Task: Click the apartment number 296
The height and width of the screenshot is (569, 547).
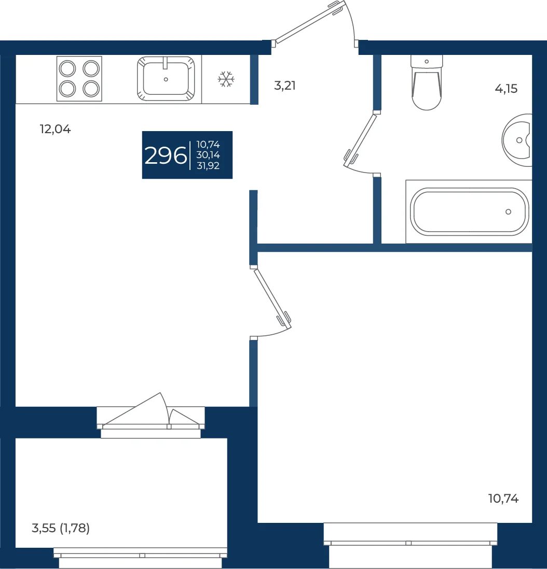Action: tap(166, 155)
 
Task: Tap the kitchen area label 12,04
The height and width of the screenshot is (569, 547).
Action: tap(55, 129)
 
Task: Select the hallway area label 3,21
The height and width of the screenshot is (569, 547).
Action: tap(284, 86)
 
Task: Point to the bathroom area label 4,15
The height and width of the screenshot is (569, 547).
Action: tap(506, 89)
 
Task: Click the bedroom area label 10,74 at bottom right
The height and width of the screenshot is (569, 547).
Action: tap(503, 499)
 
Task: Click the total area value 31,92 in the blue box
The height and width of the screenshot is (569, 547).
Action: tap(208, 166)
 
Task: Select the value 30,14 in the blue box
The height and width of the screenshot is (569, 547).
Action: tap(208, 155)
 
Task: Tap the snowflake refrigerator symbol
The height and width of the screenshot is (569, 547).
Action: tap(226, 79)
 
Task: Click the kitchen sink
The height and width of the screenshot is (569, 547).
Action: tap(166, 78)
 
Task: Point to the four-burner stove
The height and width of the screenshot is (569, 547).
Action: tap(79, 78)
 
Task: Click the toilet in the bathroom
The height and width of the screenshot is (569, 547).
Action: tap(427, 82)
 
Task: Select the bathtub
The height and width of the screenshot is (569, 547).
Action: tap(469, 211)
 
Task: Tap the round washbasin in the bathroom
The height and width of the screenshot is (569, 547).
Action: tap(517, 140)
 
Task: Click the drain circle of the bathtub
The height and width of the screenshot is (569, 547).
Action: tap(509, 212)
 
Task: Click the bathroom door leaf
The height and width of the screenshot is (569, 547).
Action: tap(360, 140)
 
